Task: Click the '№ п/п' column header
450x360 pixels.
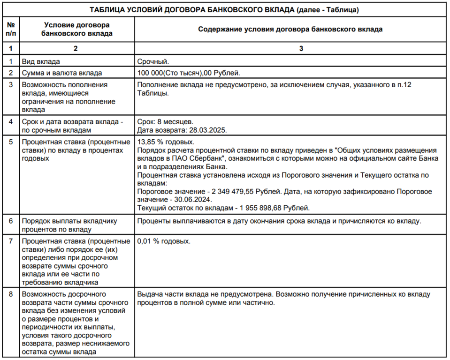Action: [11, 29]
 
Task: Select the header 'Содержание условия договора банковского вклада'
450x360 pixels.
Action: [290, 29]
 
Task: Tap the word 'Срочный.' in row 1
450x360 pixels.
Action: [153, 61]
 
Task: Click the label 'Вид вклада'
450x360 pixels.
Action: [41, 61]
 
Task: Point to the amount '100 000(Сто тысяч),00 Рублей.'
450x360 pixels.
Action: [189, 73]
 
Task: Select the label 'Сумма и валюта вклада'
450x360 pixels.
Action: [61, 73]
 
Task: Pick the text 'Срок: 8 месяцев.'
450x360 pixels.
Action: [165, 121]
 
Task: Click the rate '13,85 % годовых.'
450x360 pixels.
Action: [165, 142]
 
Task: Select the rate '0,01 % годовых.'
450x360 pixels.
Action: [164, 241]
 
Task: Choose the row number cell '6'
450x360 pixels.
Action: [11, 221]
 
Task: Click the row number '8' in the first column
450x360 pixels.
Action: [11, 294]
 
